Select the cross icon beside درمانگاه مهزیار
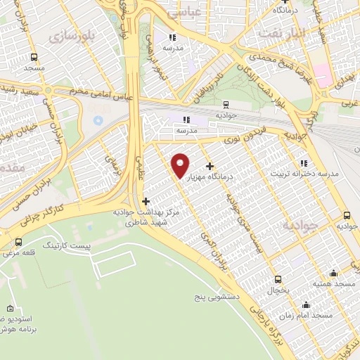point(210,166)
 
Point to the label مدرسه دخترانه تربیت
point(305,173)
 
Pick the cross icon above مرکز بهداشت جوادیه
point(146,202)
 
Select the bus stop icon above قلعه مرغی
point(18,244)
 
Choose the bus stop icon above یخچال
point(278,279)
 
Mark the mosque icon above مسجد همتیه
point(333,273)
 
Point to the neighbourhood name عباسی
point(207,11)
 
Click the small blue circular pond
point(98,120)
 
